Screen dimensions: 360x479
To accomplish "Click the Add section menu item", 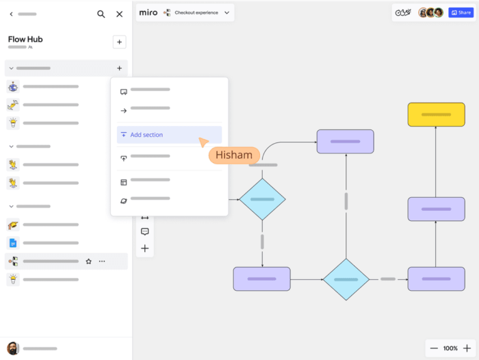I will pos(146,135).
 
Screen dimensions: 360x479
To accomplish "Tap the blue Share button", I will pos(461,12).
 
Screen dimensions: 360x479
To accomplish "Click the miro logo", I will pos(148,12).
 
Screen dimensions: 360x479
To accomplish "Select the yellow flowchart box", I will pos(436,114).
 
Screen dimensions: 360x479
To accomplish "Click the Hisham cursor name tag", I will pos(234,155).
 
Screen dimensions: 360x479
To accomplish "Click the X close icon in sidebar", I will pos(120,14).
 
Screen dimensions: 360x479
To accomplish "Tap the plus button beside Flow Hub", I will pos(119,42).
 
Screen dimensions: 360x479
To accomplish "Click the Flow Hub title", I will pos(25,39).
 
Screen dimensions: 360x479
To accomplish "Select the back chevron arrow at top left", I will pos(11,14).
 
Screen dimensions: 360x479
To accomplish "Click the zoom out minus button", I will pos(434,348).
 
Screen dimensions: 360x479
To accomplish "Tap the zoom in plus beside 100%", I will pos(467,348).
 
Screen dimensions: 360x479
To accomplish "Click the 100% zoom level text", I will pos(450,348).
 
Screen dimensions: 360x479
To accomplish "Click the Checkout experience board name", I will pos(196,12).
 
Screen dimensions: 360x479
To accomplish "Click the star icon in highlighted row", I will pos(88,261).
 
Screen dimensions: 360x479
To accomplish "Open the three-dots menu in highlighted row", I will pos(102,261).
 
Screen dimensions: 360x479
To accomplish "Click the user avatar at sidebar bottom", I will pos(13,348).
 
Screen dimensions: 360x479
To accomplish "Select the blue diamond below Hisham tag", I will pos(262,199).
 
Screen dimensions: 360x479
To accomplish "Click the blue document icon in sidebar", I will pos(13,243).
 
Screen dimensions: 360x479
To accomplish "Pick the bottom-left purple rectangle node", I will pos(261,279).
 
